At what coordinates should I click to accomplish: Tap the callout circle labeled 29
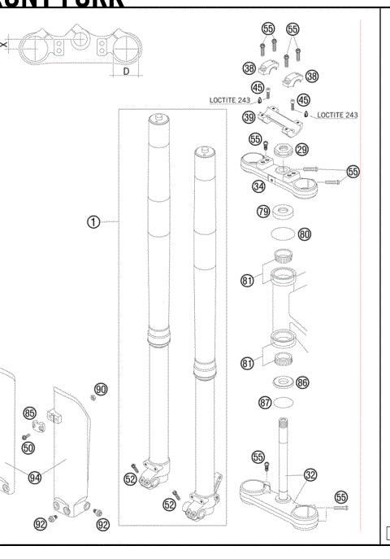click(301, 150)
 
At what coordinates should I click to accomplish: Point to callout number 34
click(258, 186)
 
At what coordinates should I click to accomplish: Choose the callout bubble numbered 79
click(262, 212)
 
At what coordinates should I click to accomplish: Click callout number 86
click(303, 381)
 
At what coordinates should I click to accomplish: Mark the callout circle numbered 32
click(310, 474)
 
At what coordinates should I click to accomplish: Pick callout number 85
click(29, 414)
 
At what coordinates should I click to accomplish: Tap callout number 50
click(28, 448)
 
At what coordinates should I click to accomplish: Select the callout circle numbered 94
click(35, 478)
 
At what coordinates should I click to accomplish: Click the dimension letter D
click(126, 72)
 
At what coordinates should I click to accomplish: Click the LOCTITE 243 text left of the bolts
click(232, 100)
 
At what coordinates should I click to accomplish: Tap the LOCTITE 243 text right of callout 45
click(337, 116)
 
